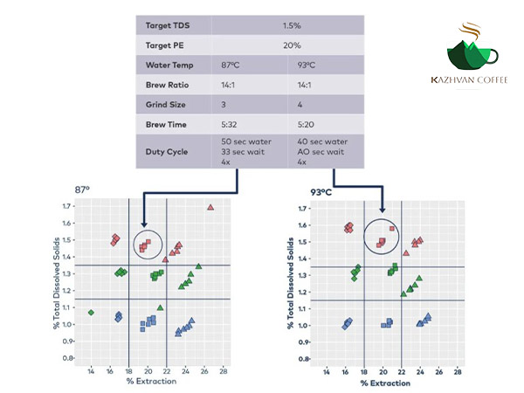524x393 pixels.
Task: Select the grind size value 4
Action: point(300,106)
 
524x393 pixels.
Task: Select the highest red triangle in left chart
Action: point(210,207)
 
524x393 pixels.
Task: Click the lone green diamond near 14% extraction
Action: point(91,311)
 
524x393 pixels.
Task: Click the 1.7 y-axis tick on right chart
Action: point(303,210)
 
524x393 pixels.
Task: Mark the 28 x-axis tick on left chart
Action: point(224,371)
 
